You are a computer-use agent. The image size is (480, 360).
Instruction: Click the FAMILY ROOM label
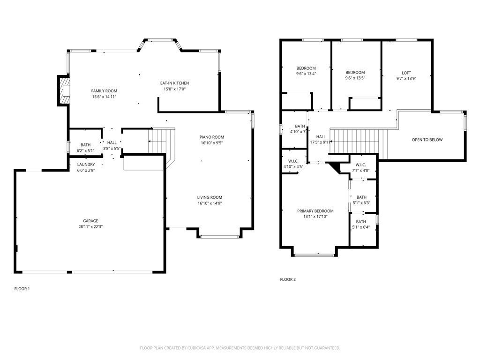[104, 91]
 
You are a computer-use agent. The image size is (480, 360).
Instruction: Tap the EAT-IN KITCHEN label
[174, 83]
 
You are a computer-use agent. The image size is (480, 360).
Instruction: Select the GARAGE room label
[90, 221]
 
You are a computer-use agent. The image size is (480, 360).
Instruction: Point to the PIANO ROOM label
[212, 137]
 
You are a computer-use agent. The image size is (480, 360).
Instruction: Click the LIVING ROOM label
[210, 197]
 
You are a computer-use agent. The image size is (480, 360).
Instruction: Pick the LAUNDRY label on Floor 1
[86, 165]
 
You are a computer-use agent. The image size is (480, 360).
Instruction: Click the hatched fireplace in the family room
[65, 90]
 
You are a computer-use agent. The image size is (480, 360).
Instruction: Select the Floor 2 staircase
[359, 141]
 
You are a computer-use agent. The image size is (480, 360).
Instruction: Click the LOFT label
[406, 73]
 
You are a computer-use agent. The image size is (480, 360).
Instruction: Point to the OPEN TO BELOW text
[427, 140]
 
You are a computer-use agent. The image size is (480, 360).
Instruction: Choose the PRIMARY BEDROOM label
[315, 211]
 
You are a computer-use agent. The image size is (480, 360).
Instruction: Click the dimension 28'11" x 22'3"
[90, 227]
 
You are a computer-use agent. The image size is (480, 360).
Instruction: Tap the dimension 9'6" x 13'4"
[306, 74]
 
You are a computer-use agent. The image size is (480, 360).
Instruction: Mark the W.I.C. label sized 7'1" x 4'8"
[360, 165]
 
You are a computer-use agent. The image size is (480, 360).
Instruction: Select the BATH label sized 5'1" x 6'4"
[361, 222]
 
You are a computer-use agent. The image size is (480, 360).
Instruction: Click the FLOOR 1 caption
[22, 289]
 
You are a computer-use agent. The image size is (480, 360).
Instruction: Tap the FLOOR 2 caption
[288, 279]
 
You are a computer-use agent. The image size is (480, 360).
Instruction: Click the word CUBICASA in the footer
[199, 348]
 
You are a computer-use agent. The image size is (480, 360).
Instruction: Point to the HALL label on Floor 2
[321, 137]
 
